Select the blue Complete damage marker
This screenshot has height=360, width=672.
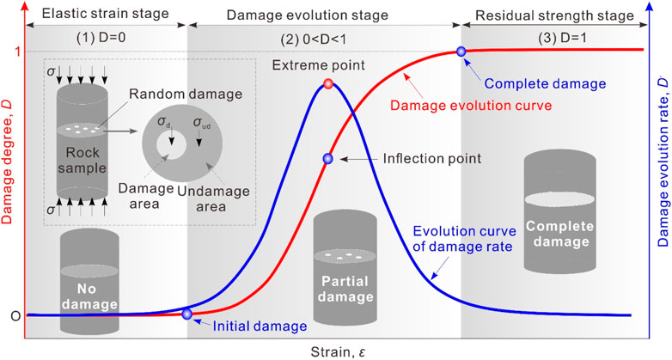tap(461, 52)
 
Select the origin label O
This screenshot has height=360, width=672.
tap(15, 315)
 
